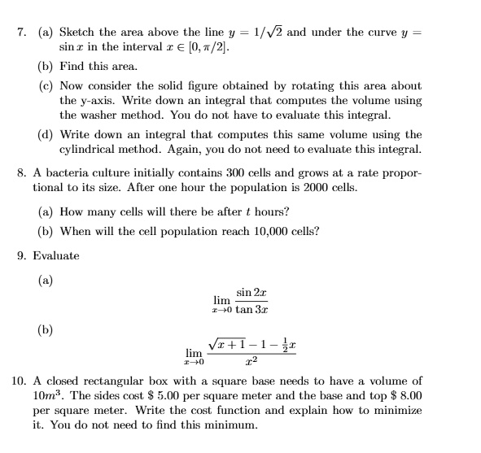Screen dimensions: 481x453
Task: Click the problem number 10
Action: (x=20, y=381)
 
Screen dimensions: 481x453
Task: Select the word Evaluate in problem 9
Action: (x=56, y=255)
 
